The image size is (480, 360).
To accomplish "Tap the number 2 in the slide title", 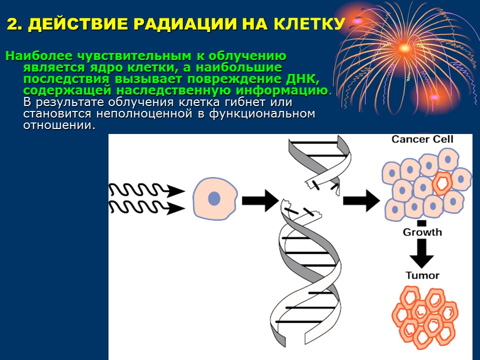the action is [11, 24].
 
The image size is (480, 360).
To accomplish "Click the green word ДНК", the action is [302, 79].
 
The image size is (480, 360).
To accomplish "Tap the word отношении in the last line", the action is [57, 125].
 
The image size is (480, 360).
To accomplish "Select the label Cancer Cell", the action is [422, 139].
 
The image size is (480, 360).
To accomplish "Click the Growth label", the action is [422, 232].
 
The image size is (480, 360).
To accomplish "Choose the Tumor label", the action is [422, 275].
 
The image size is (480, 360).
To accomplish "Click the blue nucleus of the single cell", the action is [214, 198].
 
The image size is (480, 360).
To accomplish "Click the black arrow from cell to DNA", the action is [260, 201].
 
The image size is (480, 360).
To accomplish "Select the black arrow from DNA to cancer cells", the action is [361, 201].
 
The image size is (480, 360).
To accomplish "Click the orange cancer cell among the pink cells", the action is [442, 183].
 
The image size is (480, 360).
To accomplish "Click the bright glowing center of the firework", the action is [404, 48].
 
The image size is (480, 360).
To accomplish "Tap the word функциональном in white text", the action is [262, 114].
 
